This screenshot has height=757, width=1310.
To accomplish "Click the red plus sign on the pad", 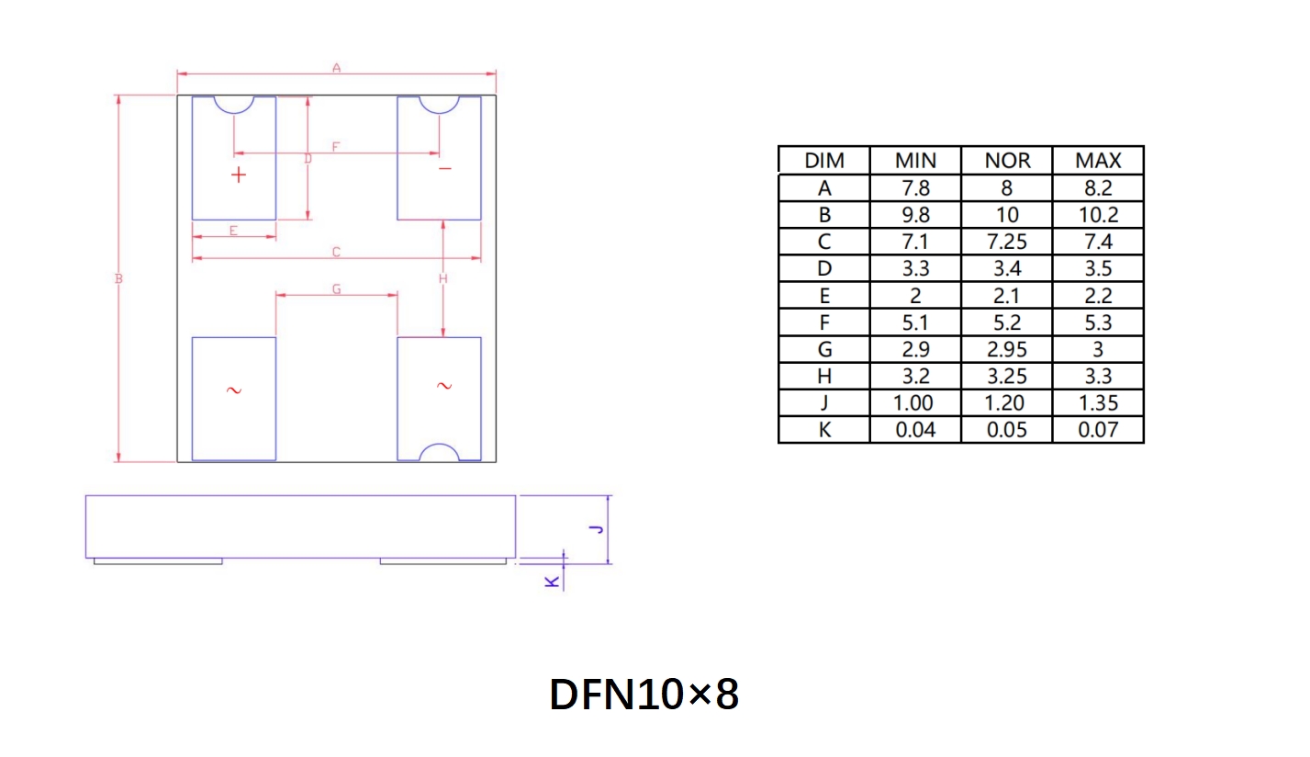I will [239, 175].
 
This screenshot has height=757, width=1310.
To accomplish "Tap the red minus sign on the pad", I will [445, 170].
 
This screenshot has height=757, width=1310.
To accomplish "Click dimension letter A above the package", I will [336, 68].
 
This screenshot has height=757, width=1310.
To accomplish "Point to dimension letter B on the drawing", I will [118, 278].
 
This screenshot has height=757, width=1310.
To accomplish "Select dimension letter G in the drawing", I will [337, 289].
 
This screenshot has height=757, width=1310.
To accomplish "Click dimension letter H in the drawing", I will [442, 278].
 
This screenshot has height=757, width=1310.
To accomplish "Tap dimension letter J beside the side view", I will [596, 529].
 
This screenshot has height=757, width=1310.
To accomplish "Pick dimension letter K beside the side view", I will [552, 582].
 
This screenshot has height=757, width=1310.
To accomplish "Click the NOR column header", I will [1007, 161].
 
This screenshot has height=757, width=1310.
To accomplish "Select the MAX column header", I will [1098, 161].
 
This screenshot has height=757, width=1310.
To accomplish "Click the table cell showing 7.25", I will [1007, 242].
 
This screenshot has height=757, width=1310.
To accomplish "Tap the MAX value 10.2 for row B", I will [1098, 215].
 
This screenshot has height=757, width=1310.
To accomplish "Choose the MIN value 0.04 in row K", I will [915, 430].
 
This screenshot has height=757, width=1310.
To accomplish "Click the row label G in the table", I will [824, 349].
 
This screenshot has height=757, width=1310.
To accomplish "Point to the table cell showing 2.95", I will [1007, 349].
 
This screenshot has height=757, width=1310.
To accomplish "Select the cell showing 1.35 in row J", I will [1098, 403].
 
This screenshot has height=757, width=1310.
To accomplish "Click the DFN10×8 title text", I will [644, 695].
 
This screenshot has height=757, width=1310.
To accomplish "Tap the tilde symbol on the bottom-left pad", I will [233, 390].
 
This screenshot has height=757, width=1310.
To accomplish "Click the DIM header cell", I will [824, 161].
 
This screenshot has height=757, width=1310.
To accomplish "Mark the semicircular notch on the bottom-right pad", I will [439, 452].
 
